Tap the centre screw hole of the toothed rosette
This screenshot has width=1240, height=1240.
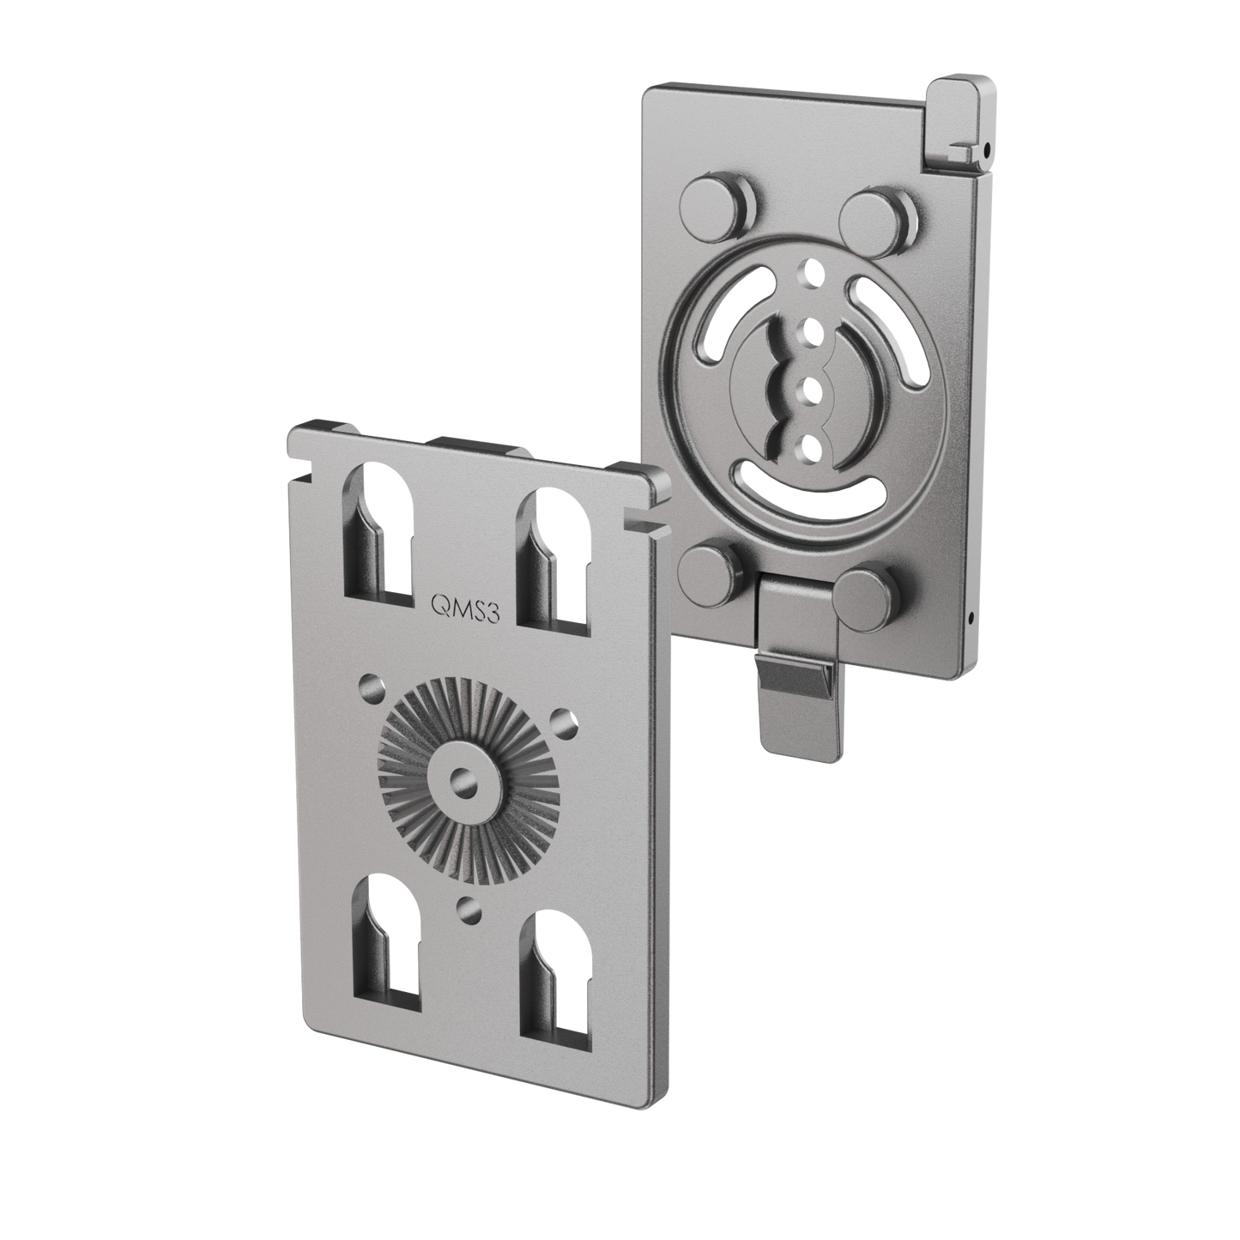coord(462,780)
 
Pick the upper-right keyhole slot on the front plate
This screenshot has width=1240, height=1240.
coord(554,557)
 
